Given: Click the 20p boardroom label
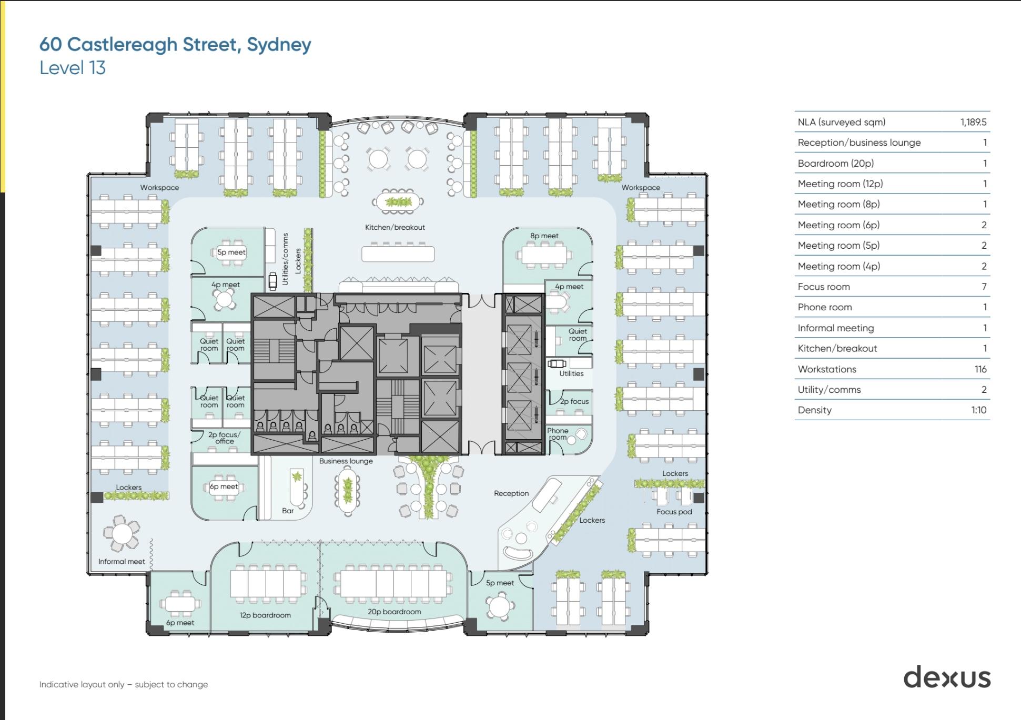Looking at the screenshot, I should [394, 612].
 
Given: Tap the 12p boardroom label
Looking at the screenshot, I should [265, 615].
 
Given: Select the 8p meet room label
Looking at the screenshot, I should [544, 236].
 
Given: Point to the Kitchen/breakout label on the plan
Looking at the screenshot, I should [395, 227].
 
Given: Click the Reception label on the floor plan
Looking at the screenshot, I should [511, 493].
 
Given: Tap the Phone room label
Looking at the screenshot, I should [558, 434].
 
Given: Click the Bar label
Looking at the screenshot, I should [288, 511].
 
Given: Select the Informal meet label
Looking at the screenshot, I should [122, 561].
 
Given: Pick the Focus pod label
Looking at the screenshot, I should [674, 512].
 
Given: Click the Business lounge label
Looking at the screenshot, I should [346, 461].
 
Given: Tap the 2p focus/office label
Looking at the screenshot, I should [224, 438].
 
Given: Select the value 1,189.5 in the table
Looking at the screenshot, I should [973, 122].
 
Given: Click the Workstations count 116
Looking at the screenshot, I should [980, 369].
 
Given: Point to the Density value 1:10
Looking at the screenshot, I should [978, 410].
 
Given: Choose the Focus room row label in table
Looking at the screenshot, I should [823, 287].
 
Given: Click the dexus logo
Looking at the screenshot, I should [947, 677].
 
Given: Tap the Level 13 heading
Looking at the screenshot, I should [73, 68].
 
